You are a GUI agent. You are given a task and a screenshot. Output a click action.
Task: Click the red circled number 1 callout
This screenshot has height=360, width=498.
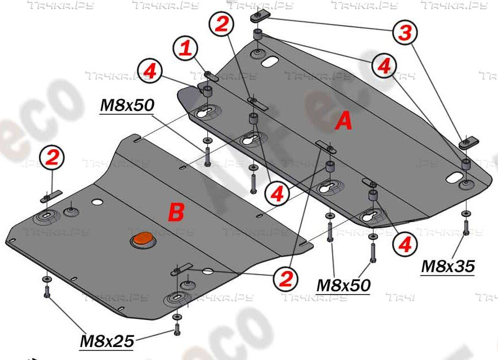click(x=186, y=48)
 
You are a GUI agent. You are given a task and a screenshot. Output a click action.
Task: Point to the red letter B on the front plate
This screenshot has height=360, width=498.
click(x=176, y=212)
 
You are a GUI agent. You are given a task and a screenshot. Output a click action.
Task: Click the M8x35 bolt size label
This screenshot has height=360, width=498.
click(x=448, y=265)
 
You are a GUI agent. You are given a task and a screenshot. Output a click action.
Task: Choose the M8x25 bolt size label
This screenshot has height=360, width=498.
click(x=106, y=341)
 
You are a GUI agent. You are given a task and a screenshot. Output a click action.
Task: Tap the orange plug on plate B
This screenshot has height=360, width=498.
click(x=141, y=239)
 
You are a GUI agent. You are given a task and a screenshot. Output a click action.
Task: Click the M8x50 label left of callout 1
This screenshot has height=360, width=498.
click(x=127, y=105)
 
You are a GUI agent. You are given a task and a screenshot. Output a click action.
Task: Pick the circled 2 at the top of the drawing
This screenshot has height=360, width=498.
click(x=221, y=25)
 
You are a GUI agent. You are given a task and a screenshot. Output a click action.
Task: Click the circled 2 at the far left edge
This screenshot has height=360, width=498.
click(x=51, y=158)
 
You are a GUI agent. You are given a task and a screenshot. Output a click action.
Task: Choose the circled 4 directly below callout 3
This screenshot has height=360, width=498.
click(x=384, y=66)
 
